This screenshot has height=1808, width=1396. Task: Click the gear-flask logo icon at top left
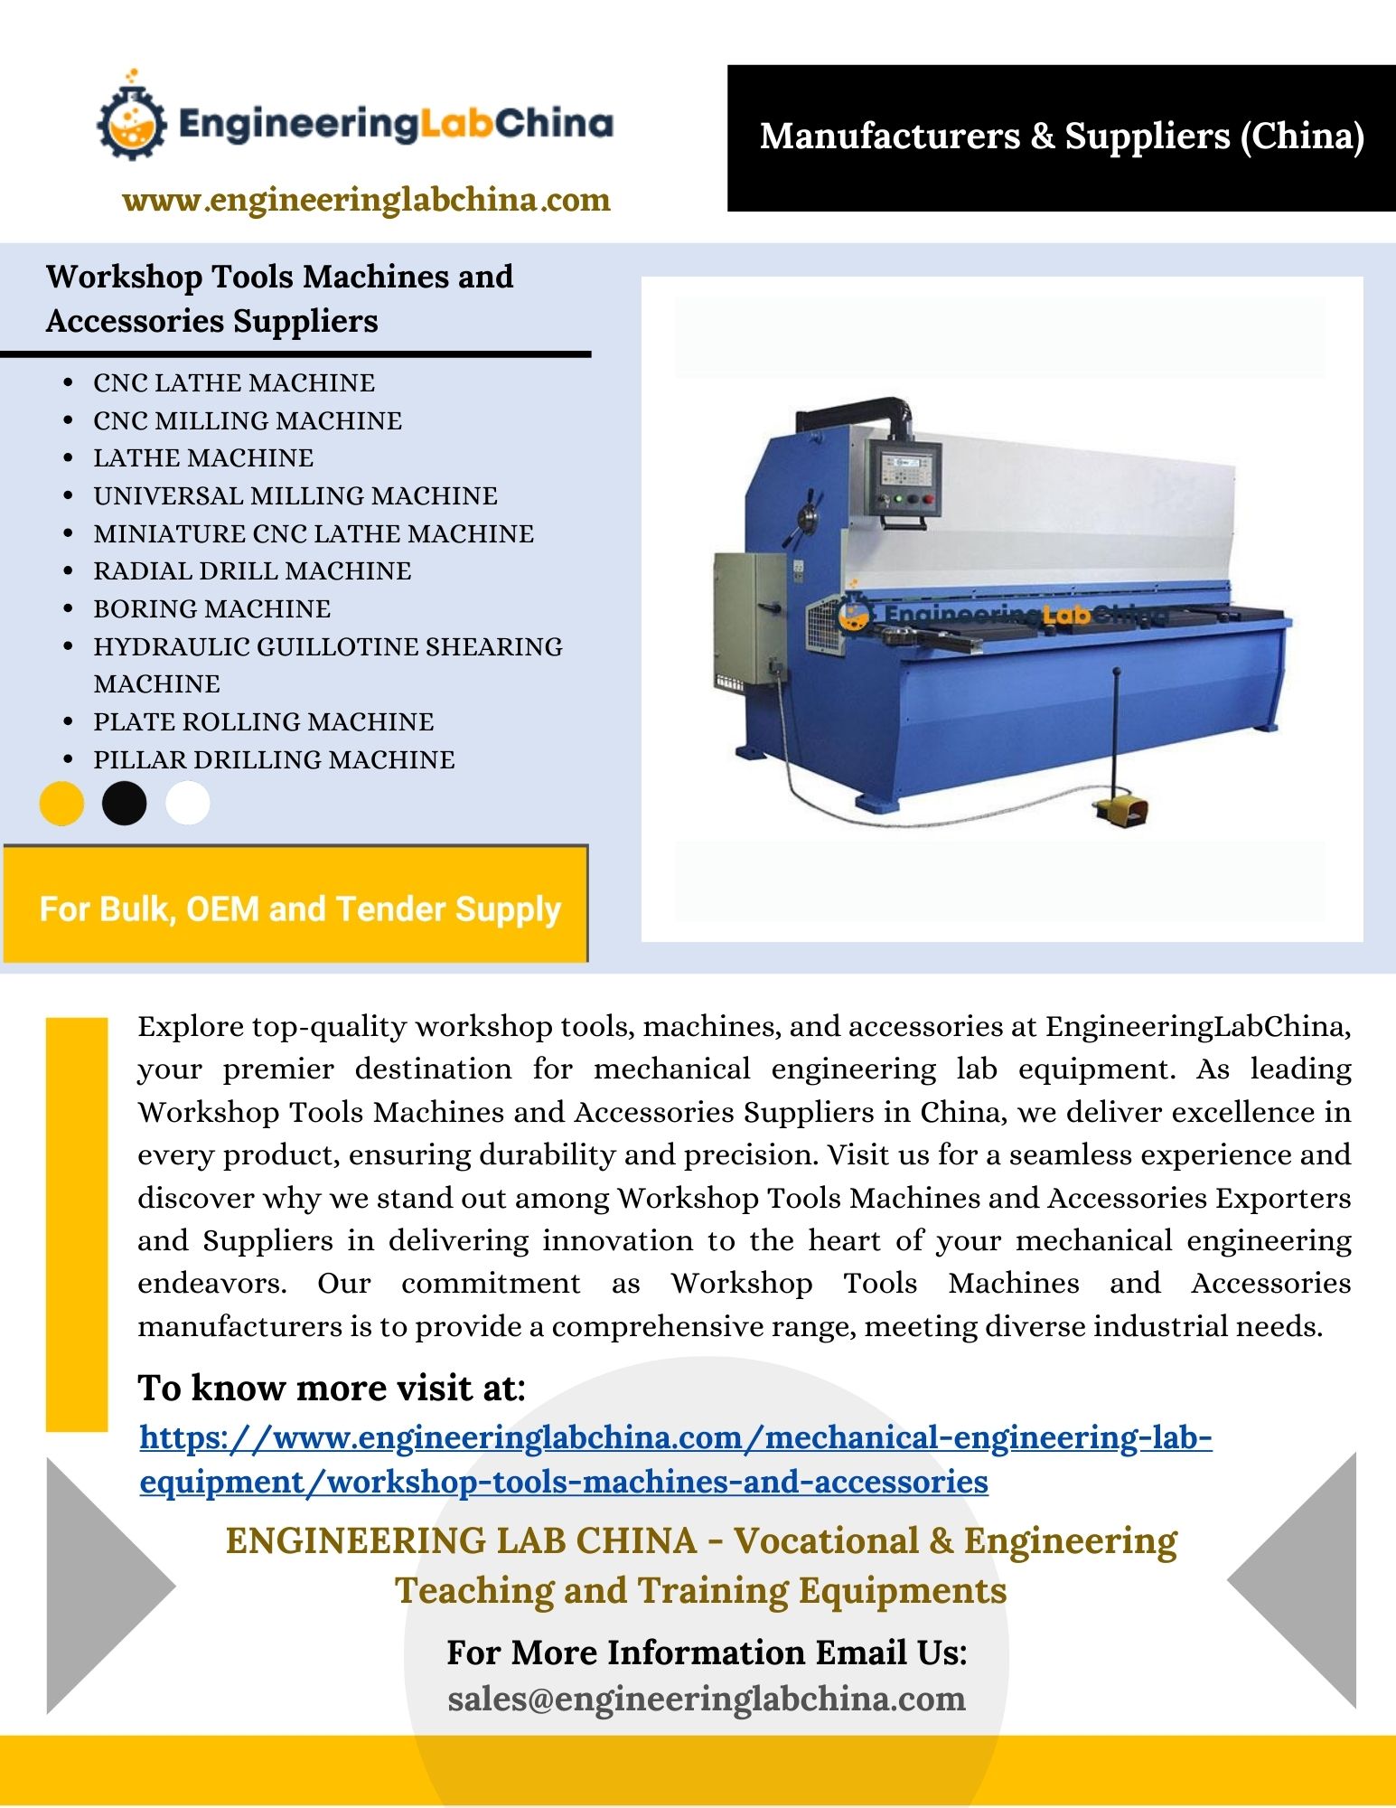coord(132,121)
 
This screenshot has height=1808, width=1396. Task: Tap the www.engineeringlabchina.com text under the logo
coord(366,200)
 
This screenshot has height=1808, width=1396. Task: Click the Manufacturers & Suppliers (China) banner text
coord(1062,137)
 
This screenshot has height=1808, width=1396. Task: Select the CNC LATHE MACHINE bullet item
coord(234,383)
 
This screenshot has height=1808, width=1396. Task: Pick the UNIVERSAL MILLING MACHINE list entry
coord(295,496)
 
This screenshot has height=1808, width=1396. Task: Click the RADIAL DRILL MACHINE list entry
coord(252,571)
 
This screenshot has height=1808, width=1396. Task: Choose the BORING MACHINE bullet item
coord(211,609)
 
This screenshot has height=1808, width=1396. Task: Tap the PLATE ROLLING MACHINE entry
coord(263,722)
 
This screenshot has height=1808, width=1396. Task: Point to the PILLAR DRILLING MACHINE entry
coord(274,760)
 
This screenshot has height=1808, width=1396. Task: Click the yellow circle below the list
coord(61,804)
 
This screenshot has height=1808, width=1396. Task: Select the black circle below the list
coord(125,804)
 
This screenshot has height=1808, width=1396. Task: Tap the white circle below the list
coord(188,804)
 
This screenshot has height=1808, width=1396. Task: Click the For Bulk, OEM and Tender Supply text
coord(300,909)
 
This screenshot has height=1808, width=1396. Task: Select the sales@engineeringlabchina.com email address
coord(707,1700)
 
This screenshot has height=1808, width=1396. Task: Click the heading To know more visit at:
coord(331,1389)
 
